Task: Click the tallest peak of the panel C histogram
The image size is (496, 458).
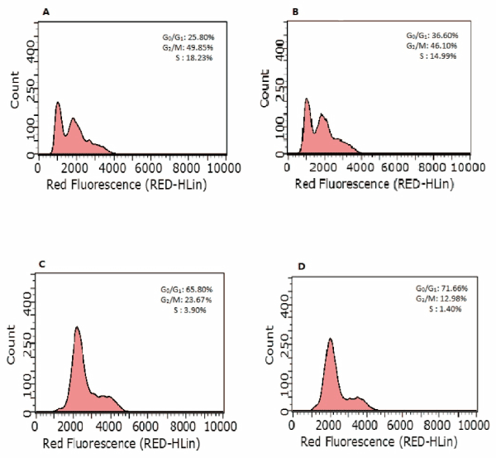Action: click(x=77, y=327)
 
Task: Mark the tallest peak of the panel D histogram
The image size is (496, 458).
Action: click(x=331, y=339)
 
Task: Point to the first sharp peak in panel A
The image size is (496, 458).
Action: click(x=59, y=103)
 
